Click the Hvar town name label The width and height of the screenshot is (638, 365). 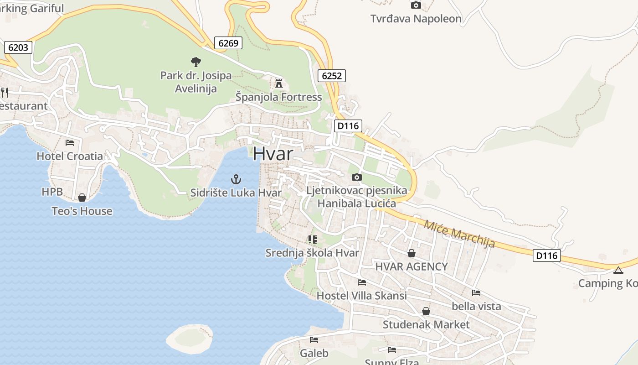[273, 153]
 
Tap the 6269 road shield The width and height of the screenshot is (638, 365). [228, 43]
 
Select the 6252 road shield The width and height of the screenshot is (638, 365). [331, 75]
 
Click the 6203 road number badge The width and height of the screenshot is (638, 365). [18, 47]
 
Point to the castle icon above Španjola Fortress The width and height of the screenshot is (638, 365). [279, 83]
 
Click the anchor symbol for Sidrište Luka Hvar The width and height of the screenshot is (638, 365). [236, 179]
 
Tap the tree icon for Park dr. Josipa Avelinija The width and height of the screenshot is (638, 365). [196, 62]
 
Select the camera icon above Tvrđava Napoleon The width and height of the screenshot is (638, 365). [416, 5]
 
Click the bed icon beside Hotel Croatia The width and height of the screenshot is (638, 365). [70, 142]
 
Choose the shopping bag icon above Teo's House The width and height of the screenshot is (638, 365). [82, 198]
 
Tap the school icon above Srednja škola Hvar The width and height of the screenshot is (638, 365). [312, 239]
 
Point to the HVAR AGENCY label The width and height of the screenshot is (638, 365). [412, 266]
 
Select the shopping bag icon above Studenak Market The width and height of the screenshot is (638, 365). [426, 311]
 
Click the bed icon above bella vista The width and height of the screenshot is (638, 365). [476, 292]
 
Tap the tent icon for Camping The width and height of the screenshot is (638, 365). [618, 270]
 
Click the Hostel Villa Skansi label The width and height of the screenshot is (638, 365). [361, 296]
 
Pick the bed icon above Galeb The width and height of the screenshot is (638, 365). [314, 339]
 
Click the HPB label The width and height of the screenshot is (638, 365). [52, 192]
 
